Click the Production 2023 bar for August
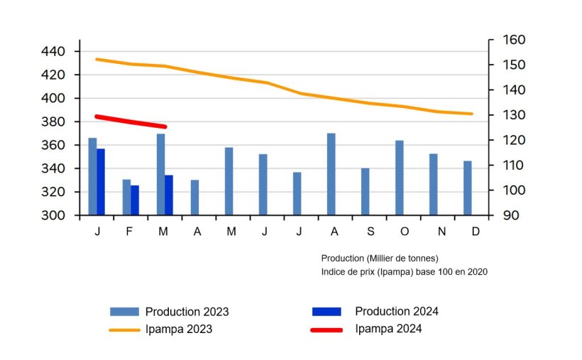pos(331,174)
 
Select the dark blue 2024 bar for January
pos(101,182)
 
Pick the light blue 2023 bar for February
pos(126,197)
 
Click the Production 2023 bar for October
pos(399,178)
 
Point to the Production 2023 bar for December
pos(467,188)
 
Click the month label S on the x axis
pos(370,232)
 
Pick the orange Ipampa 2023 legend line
pos(126,329)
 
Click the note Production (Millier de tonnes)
pos(379,258)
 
